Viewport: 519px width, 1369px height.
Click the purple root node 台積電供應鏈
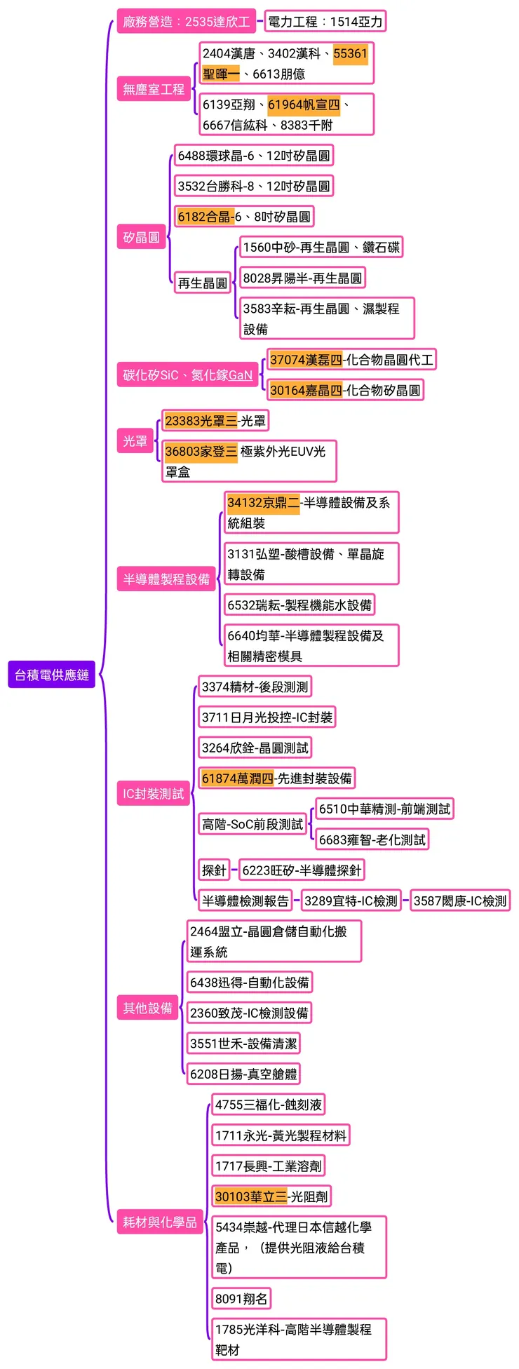pos(51,675)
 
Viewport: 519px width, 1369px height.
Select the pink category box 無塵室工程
pos(154,89)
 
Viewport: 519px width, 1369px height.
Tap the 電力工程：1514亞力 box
pos(325,22)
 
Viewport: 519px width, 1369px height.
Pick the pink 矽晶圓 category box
pos(142,237)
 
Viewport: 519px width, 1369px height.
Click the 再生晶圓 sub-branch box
pos(202,283)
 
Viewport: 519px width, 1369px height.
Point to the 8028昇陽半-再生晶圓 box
pos(302,278)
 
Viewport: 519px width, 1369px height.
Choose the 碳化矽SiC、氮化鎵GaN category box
pos(187,375)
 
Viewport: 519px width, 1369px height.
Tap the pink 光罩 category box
pos(135,441)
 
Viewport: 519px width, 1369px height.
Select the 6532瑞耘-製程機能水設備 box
pos(299,605)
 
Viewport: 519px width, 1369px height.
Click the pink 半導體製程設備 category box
pos(166,579)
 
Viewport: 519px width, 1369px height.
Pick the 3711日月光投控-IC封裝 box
pos(267,717)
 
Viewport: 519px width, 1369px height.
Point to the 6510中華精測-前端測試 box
pos(384,809)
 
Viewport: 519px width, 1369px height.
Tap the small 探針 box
pos(214,870)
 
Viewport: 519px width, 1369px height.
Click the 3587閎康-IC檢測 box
pos(459,901)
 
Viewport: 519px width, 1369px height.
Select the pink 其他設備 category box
pos(147,1008)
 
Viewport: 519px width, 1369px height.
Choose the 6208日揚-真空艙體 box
pos(243,1074)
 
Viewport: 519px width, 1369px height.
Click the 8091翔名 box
pos(241,1298)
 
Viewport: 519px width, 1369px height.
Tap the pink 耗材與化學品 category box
pos(160,1222)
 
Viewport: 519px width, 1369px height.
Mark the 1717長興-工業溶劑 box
pos(268,1166)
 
